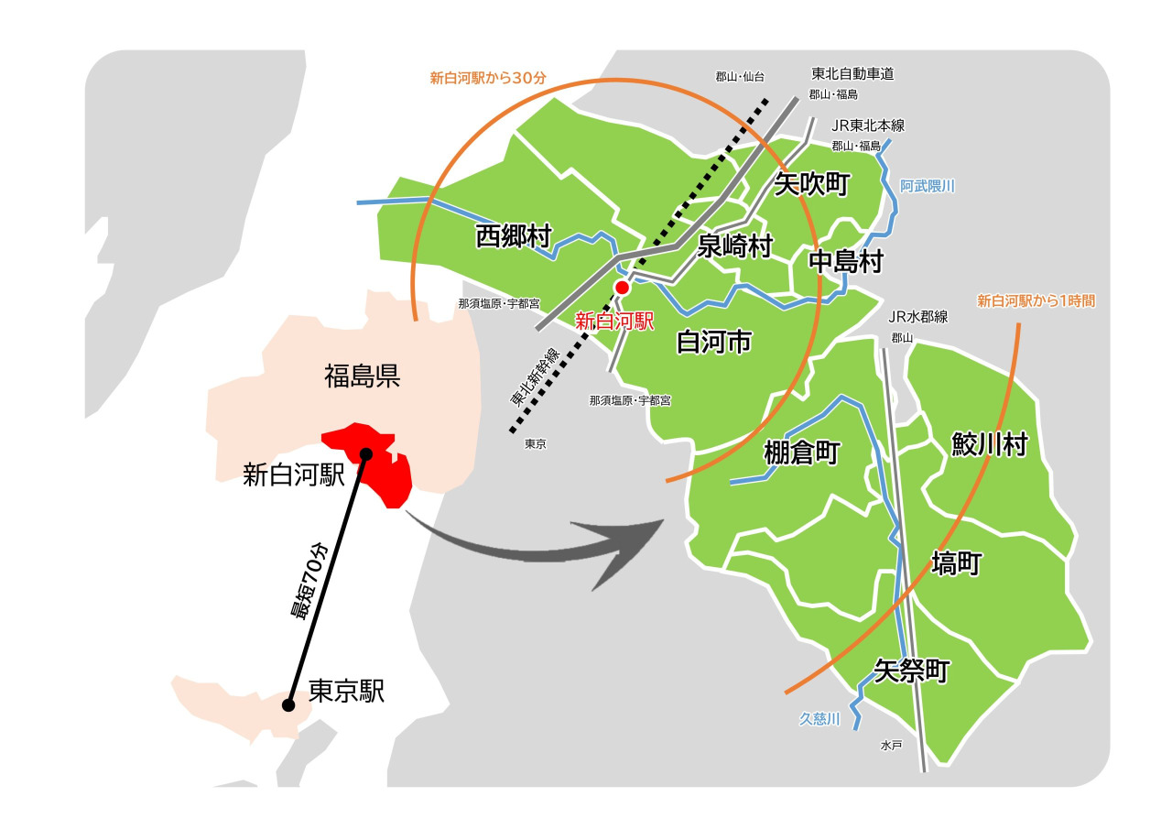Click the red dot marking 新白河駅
622,288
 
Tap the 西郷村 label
514,236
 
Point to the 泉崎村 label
735,245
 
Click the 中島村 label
846,262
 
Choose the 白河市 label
713,342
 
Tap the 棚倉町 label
801,453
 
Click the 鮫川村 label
989,445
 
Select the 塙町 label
956,563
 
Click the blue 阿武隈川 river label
927,186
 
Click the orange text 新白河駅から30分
488,78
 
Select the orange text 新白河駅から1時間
1036,300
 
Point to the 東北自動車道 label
852,73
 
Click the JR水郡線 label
918,317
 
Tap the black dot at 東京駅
288,704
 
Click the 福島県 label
363,376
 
